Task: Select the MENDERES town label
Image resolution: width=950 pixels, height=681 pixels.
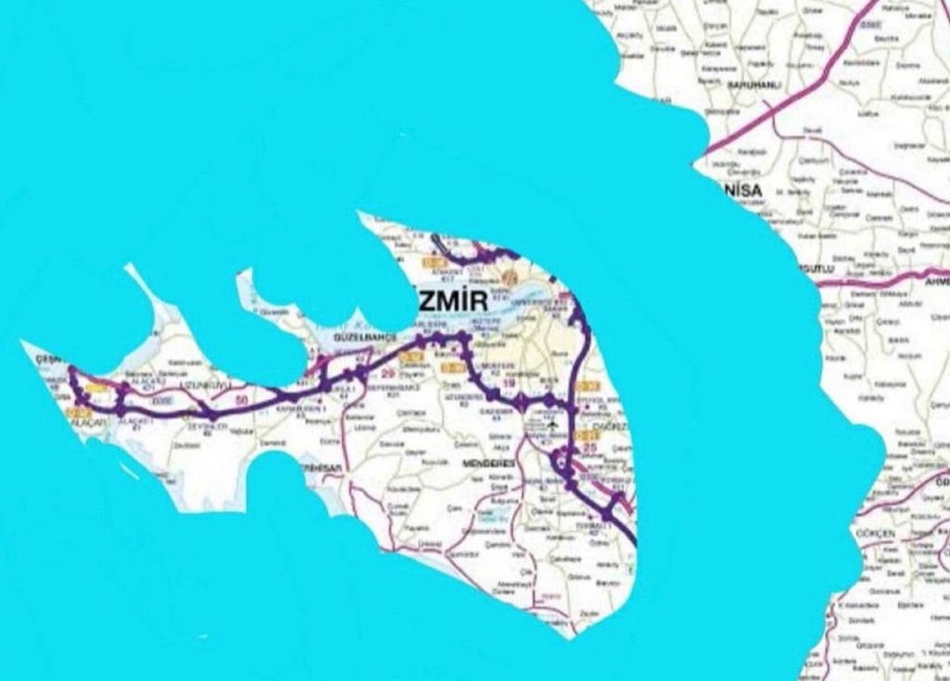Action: tap(486, 462)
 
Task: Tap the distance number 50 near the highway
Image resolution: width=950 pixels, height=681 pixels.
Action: tap(243, 400)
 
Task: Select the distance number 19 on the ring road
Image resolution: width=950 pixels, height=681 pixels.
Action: tap(507, 382)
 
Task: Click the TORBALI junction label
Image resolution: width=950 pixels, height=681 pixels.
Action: tap(596, 524)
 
